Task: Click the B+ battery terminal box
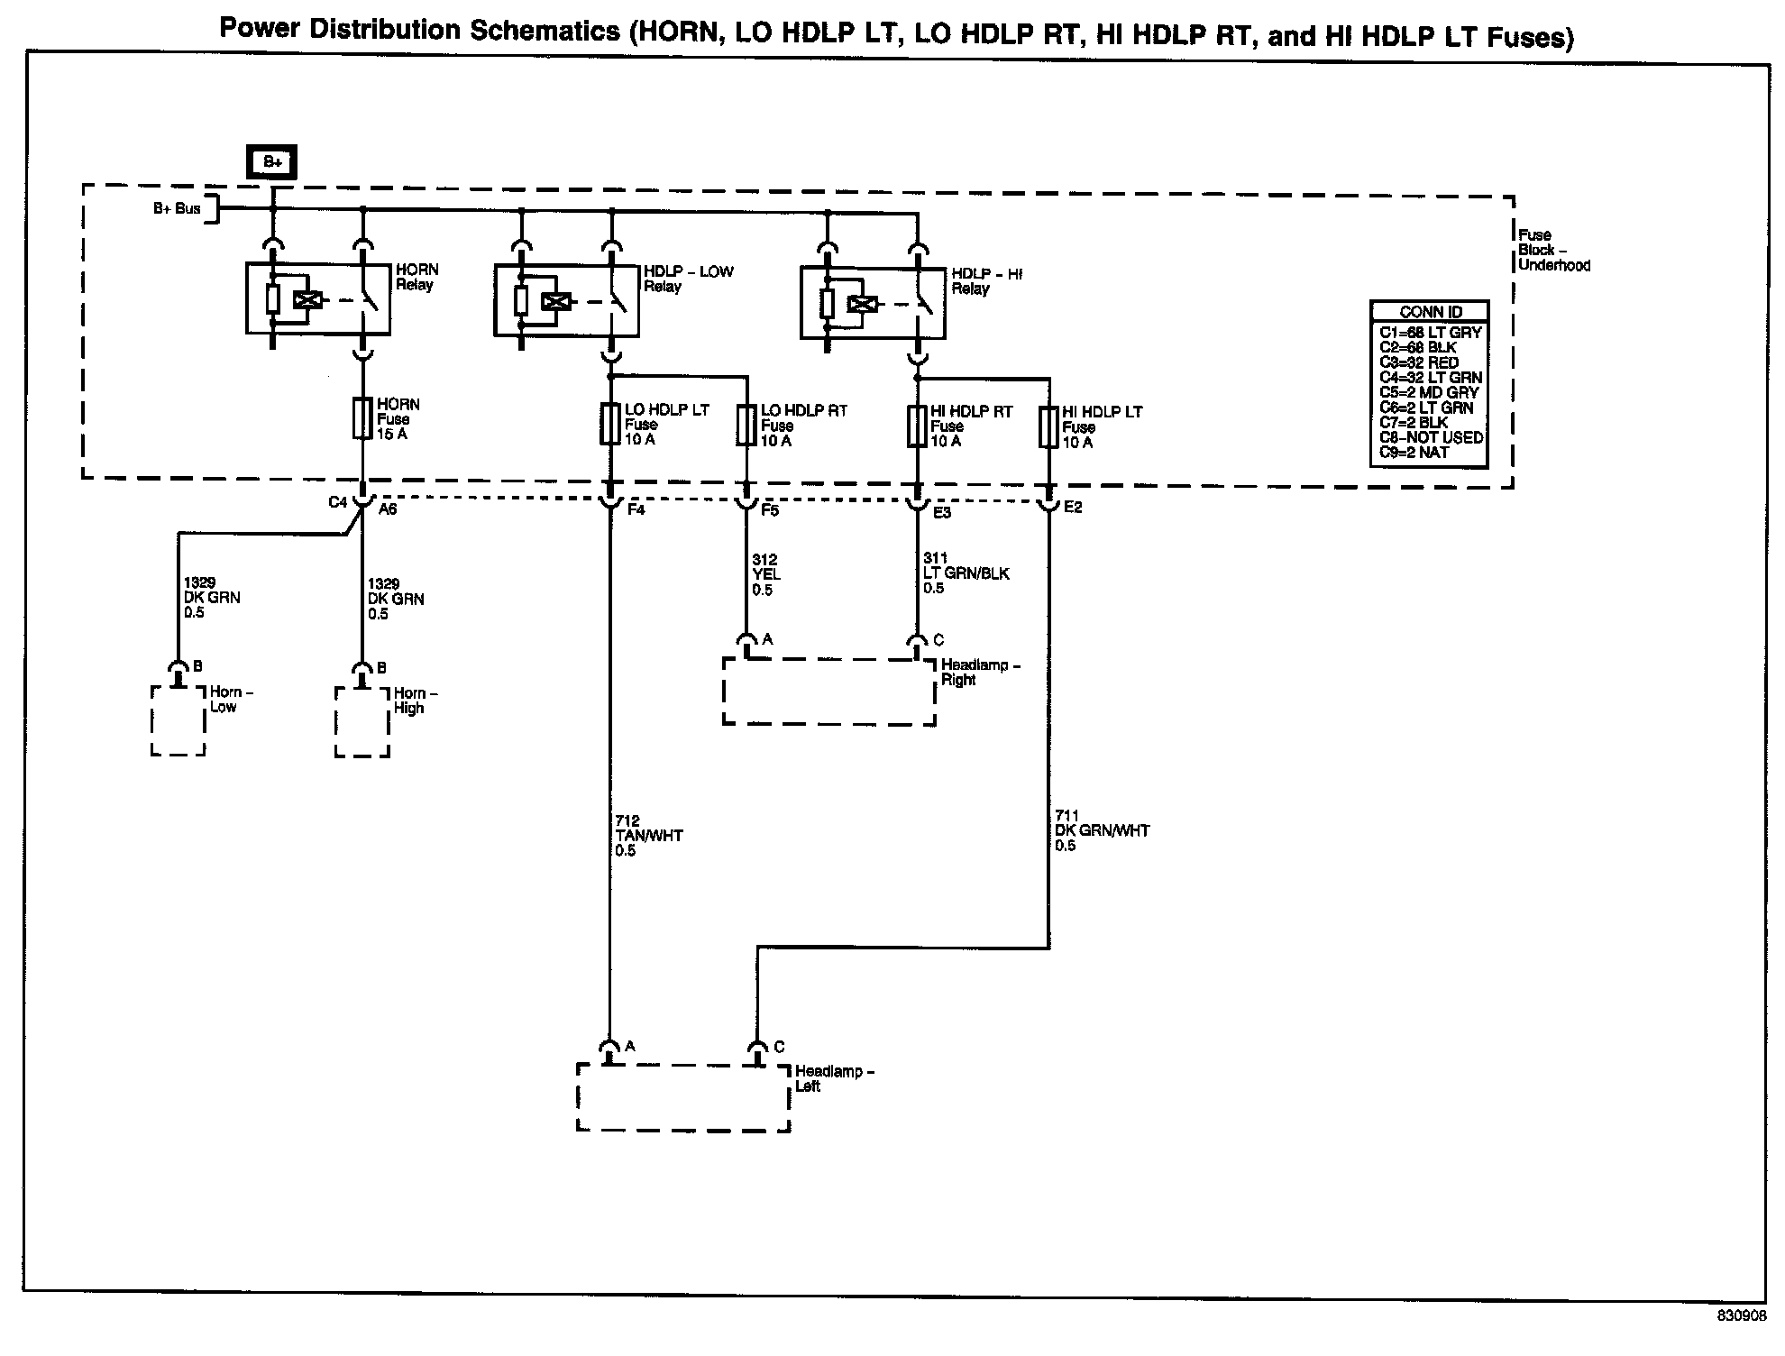coord(271,162)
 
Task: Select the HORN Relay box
coord(318,298)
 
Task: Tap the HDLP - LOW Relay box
coord(566,300)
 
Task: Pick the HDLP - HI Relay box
coord(873,302)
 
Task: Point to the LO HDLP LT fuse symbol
coord(610,424)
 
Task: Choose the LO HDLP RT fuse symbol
coord(746,425)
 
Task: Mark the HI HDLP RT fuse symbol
coord(917,426)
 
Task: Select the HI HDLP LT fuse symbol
coord(1048,426)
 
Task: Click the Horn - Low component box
coord(178,721)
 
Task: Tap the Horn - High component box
coord(362,722)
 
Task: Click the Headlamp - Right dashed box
coord(828,692)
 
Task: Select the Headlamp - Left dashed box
coord(682,1097)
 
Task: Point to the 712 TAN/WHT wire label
coord(648,836)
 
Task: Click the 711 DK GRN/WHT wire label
coord(1102,830)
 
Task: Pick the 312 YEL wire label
coord(765,574)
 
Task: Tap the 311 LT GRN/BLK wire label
coord(966,573)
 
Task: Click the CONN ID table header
coord(1430,312)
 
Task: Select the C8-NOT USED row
coord(1431,437)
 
